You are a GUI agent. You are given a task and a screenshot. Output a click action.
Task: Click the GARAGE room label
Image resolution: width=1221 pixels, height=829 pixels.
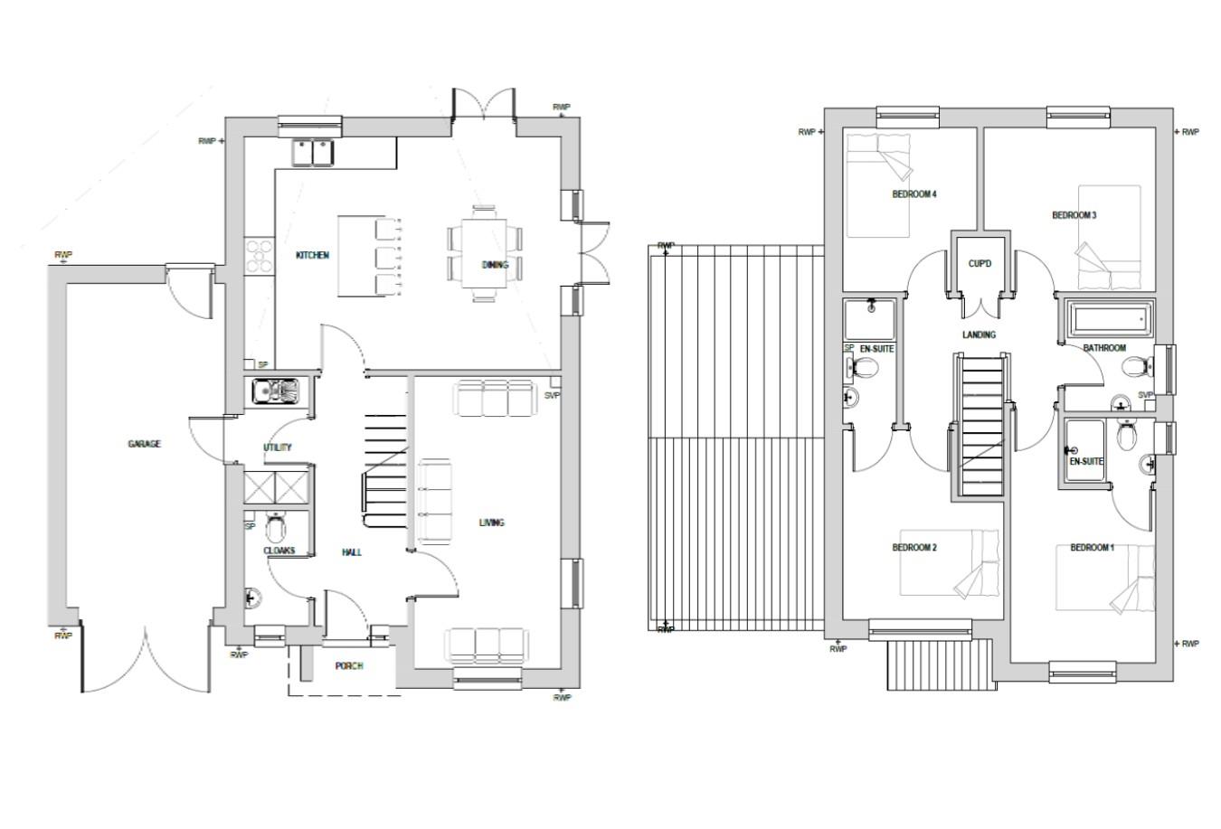pyautogui.click(x=144, y=444)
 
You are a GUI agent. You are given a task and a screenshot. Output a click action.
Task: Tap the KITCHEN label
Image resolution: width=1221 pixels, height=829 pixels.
pyautogui.click(x=312, y=255)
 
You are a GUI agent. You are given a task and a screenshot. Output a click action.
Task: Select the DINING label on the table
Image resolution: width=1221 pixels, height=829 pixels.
pyautogui.click(x=495, y=265)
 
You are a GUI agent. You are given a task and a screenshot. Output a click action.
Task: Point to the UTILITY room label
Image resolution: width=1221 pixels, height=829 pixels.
pyautogui.click(x=277, y=447)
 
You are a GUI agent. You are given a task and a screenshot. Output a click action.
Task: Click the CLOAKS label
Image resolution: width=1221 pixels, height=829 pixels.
pyautogui.click(x=279, y=551)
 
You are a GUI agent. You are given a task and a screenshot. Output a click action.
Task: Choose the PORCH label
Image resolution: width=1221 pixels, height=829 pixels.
pyautogui.click(x=349, y=666)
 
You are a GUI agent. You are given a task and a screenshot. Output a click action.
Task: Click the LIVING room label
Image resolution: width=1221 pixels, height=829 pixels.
pyautogui.click(x=491, y=523)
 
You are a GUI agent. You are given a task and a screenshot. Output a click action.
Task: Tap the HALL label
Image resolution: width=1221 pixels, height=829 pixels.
pyautogui.click(x=352, y=551)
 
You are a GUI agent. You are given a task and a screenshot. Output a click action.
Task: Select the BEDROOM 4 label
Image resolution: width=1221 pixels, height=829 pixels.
pyautogui.click(x=913, y=194)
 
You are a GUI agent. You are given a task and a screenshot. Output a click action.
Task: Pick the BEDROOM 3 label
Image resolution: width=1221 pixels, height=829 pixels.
pyautogui.click(x=1074, y=215)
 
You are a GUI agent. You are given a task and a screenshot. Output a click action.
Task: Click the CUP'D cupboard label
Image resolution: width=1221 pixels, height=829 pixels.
pyautogui.click(x=980, y=264)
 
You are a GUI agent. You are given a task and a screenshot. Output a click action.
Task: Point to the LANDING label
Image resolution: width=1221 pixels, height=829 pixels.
pyautogui.click(x=979, y=334)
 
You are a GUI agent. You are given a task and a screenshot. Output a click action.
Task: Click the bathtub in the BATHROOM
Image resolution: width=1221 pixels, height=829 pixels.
pyautogui.click(x=1109, y=319)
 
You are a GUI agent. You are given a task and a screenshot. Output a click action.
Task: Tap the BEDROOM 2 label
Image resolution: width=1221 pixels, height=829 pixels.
pyautogui.click(x=913, y=548)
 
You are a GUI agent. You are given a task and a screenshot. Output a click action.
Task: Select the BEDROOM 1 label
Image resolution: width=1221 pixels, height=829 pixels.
pyautogui.click(x=1092, y=548)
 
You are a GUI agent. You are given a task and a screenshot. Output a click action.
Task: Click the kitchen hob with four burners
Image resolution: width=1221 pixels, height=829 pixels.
pyautogui.click(x=259, y=254)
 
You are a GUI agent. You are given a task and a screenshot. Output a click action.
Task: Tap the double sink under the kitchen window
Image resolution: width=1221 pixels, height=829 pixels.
pyautogui.click(x=313, y=152)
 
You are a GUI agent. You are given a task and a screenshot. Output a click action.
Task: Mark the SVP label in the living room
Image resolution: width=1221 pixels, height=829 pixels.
pyautogui.click(x=552, y=395)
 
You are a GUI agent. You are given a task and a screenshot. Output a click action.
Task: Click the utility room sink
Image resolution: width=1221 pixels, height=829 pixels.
pyautogui.click(x=277, y=391)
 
